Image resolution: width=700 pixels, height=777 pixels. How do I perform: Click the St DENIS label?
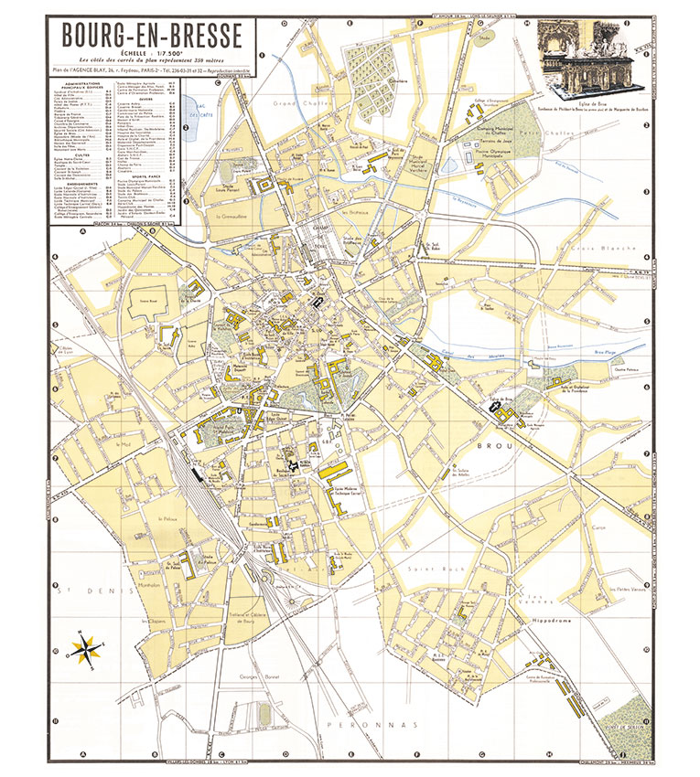[81, 575]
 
